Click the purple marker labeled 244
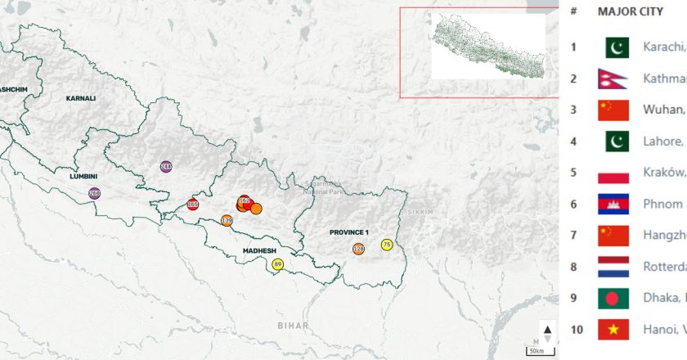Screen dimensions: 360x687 click(166, 167)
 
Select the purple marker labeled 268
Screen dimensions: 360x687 click(95, 194)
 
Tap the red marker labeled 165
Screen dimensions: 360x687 click(193, 205)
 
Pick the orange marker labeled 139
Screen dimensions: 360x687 click(227, 220)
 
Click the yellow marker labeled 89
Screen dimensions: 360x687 click(277, 264)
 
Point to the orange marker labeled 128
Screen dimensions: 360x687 click(359, 249)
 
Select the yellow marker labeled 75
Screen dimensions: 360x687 click(387, 245)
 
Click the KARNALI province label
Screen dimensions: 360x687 click(81, 98)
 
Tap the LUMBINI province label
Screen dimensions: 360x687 click(84, 176)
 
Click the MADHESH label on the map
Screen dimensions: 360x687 click(259, 251)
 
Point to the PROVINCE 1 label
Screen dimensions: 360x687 click(349, 232)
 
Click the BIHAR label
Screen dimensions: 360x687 click(293, 303)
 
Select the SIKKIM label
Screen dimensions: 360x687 click(422, 211)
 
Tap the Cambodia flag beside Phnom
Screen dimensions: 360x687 click(613, 204)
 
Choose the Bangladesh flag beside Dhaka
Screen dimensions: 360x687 click(613, 298)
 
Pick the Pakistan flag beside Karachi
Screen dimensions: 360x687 click(617, 47)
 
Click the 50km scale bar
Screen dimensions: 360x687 click(537, 350)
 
